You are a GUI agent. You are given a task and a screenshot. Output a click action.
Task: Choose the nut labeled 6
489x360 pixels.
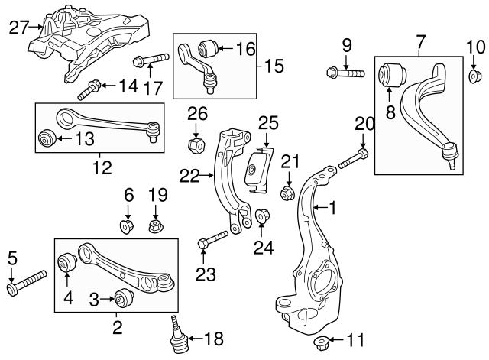pos(128,227)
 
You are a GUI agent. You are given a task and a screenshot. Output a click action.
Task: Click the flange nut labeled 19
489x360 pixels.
pos(157,226)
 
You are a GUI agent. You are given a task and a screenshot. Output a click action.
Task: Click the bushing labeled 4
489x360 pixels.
pos(65,264)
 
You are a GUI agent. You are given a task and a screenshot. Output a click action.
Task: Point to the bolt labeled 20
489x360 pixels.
pos(348,161)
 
